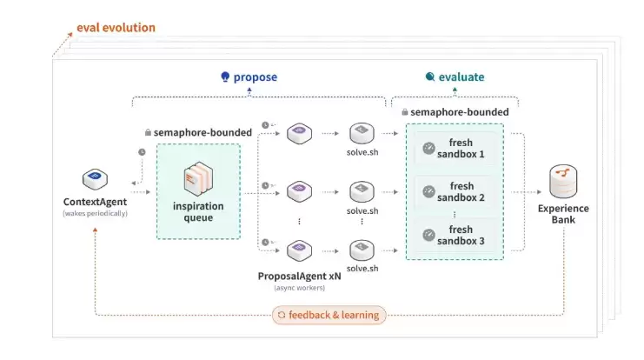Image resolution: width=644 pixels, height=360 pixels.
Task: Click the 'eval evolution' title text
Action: (x=116, y=28)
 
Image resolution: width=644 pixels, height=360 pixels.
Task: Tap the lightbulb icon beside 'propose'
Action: (x=225, y=77)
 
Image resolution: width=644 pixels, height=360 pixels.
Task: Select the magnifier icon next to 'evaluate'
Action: (x=430, y=77)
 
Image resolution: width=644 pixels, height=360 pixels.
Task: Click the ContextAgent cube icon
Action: (x=95, y=179)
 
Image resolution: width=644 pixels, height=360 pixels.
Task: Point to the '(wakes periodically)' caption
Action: (x=95, y=213)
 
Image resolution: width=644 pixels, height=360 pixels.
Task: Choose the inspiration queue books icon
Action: (x=198, y=178)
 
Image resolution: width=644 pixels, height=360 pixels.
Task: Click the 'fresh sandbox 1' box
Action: (x=455, y=149)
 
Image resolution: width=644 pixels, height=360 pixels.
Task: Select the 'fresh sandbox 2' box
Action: (x=455, y=192)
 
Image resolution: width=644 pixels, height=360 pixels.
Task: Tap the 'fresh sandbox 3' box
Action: (x=455, y=235)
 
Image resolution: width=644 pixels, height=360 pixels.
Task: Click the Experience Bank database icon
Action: (x=563, y=181)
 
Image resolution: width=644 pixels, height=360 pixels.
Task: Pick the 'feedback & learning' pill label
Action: (x=329, y=315)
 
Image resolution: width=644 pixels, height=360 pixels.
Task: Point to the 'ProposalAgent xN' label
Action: (x=300, y=277)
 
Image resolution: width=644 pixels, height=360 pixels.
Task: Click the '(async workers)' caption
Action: (x=300, y=288)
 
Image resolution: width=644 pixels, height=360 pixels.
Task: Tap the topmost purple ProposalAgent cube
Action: (x=299, y=133)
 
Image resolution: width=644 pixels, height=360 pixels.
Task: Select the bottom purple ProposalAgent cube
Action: (x=299, y=250)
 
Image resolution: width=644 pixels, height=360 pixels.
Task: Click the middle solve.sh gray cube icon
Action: (x=362, y=191)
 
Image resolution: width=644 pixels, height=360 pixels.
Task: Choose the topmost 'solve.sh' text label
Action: (x=362, y=152)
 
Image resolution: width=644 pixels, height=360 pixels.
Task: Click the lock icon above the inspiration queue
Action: (x=148, y=132)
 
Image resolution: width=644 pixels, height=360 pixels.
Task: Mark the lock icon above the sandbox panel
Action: (x=405, y=112)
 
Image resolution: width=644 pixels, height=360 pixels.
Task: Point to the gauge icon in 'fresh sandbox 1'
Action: (x=428, y=149)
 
